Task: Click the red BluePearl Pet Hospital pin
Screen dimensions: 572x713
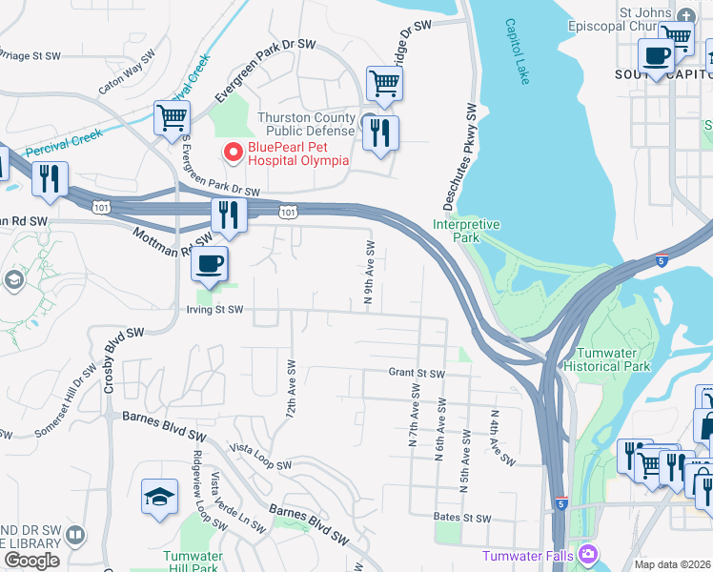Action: click(232, 152)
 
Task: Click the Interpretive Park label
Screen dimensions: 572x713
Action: click(466, 231)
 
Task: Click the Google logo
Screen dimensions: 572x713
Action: click(31, 560)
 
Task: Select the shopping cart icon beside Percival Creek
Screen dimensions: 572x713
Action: click(173, 119)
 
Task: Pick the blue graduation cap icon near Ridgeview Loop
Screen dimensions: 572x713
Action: click(159, 496)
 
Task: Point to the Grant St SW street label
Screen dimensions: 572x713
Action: click(417, 373)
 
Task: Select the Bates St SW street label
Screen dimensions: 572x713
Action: click(461, 518)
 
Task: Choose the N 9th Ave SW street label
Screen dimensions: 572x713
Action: click(370, 274)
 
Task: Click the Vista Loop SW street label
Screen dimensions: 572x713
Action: click(260, 457)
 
